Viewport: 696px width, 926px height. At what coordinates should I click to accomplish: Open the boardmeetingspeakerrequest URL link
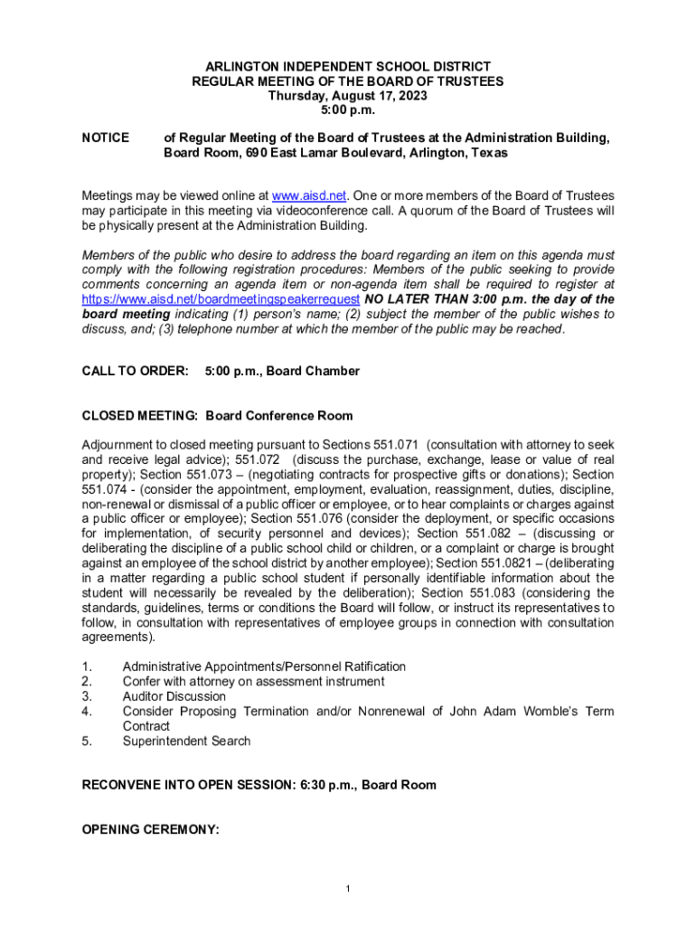point(221,299)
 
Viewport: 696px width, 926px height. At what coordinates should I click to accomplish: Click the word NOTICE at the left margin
point(106,138)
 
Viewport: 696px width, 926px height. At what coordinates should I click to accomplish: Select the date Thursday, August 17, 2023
point(347,96)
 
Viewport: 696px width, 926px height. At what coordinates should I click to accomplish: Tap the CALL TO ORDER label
point(136,371)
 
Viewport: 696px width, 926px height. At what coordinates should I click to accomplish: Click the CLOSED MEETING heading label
point(140,416)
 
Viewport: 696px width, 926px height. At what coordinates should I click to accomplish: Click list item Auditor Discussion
point(174,696)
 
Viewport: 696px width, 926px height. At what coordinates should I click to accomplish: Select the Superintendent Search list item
point(186,742)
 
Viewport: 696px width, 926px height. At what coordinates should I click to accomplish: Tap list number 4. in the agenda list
point(87,712)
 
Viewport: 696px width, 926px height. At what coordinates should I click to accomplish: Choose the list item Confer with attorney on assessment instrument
point(253,682)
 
